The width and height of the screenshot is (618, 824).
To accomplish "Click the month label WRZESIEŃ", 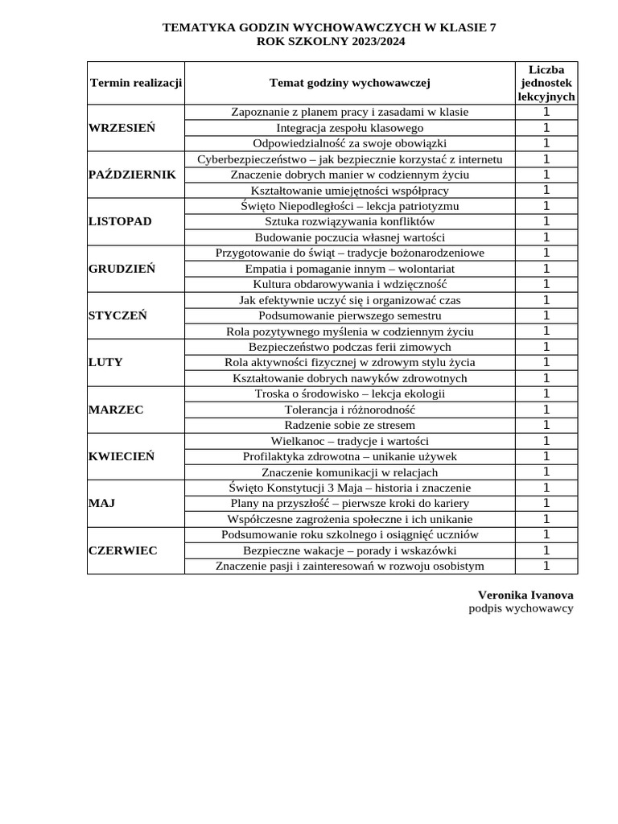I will [x=122, y=128].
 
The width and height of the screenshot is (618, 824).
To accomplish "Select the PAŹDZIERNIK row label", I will [x=131, y=175].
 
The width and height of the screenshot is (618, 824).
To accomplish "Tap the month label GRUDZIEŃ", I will [x=122, y=269].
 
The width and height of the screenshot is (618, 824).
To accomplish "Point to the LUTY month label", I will [x=105, y=362].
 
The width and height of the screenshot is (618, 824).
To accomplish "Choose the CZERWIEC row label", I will [x=122, y=550].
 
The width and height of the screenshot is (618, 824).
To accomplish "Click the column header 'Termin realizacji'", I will [x=136, y=82].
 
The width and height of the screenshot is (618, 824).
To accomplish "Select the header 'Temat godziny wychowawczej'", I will [x=350, y=82].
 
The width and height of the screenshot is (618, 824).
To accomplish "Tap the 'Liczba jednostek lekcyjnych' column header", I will [x=546, y=82].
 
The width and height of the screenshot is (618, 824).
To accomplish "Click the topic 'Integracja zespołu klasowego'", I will [x=350, y=128].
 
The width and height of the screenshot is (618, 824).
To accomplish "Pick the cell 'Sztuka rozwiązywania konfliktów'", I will [x=350, y=221].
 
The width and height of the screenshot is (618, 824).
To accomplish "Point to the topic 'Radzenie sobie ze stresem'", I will [x=350, y=425].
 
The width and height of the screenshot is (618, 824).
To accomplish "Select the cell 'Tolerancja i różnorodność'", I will [x=350, y=410].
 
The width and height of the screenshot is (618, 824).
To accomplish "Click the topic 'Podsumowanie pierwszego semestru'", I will [x=350, y=315].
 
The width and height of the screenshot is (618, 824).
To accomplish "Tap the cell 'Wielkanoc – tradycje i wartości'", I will [x=350, y=441].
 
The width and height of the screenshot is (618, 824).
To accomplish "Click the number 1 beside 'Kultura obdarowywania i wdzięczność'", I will [x=546, y=284].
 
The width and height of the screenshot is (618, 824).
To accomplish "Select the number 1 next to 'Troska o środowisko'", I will [x=546, y=393].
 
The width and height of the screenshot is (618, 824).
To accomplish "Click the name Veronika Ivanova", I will [x=525, y=595].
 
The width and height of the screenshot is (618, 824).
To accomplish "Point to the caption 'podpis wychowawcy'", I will [x=521, y=608].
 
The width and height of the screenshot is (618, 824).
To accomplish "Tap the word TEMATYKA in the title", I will [x=194, y=27].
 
